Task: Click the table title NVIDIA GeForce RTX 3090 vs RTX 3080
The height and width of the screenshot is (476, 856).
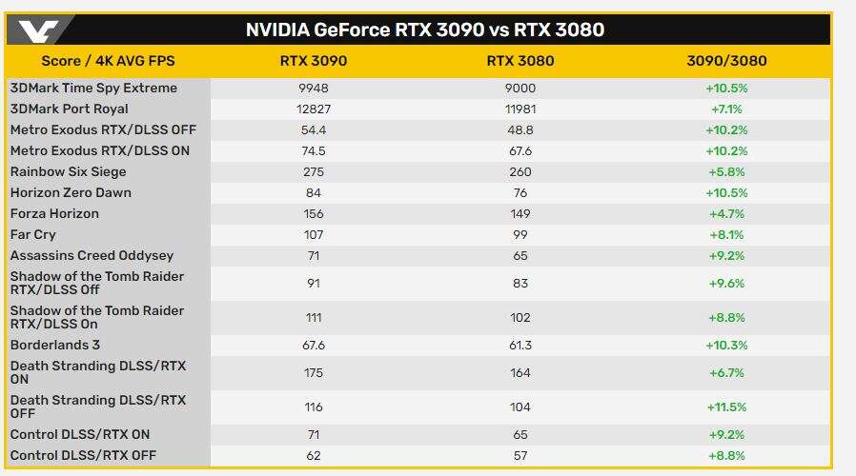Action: tap(425, 30)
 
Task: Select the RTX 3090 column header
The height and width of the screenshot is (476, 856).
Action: tap(313, 61)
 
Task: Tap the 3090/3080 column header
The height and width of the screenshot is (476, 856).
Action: tap(726, 61)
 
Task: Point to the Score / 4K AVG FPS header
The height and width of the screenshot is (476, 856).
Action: tap(108, 61)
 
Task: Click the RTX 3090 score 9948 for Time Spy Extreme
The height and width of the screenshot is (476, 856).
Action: tap(313, 89)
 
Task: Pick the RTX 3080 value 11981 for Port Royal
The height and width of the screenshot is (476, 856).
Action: tap(520, 109)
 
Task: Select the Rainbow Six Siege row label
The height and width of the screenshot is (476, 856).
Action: tap(68, 172)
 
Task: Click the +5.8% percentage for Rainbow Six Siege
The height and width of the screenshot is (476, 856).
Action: tap(726, 172)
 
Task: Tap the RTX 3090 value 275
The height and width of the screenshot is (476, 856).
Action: tap(313, 172)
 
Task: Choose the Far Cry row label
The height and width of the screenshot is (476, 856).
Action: tap(33, 235)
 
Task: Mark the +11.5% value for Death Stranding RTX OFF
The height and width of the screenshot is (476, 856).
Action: tap(726, 407)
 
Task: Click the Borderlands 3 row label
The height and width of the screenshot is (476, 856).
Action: tap(54, 346)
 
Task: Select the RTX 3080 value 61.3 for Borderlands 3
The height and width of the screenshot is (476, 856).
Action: tap(520, 346)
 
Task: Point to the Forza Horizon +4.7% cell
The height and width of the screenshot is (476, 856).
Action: tap(726, 214)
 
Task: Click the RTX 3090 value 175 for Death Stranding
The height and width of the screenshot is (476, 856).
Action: tap(313, 373)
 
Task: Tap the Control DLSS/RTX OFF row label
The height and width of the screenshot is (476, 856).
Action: tap(83, 456)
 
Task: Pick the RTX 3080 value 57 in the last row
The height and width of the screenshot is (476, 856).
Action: tap(520, 456)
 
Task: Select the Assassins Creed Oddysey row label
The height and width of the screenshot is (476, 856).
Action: tap(91, 256)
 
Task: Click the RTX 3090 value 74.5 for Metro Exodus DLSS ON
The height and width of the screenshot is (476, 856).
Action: tap(313, 151)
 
